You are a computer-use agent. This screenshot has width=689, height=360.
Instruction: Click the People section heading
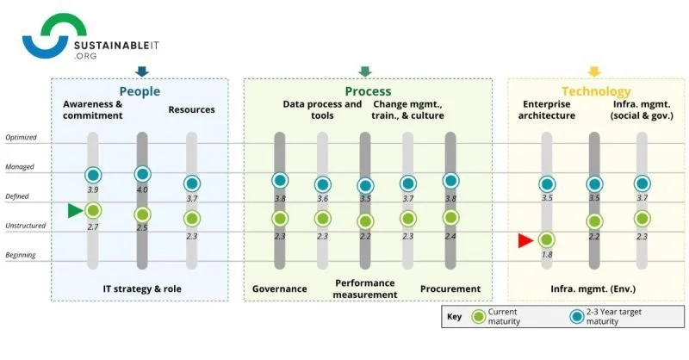(x=140, y=90)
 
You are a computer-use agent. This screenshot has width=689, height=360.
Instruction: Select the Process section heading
(x=368, y=90)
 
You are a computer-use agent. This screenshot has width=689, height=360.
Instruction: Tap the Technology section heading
(x=596, y=90)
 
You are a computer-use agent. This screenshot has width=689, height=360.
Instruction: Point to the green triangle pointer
(x=75, y=210)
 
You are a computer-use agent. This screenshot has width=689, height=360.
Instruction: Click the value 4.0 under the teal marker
(x=142, y=189)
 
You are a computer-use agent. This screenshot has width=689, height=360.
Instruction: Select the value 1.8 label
(x=546, y=256)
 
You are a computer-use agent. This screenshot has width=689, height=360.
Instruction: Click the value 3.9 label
(x=93, y=189)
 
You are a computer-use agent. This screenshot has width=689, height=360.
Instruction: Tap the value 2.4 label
(x=450, y=234)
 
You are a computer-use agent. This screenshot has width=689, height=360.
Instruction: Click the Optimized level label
(x=22, y=138)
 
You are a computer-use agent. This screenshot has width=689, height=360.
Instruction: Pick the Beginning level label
(x=22, y=256)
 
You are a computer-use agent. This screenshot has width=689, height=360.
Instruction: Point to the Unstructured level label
(x=26, y=227)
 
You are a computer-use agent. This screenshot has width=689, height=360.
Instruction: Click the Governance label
(x=280, y=289)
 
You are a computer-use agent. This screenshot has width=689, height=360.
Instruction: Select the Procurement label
(x=450, y=289)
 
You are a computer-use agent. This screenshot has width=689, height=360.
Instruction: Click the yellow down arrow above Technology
(x=593, y=71)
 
